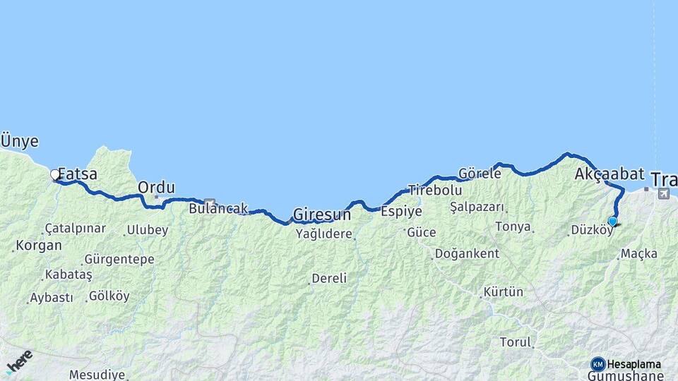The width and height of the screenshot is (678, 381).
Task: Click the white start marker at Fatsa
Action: pyautogui.click(x=55, y=174)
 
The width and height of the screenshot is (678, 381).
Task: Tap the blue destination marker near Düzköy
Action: pyautogui.click(x=612, y=222)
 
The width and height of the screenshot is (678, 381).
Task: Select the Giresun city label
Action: pyautogui.click(x=321, y=214)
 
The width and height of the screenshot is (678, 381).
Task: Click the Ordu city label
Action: pyautogui.click(x=156, y=188)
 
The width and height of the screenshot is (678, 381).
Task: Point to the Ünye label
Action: pyautogui.click(x=19, y=140)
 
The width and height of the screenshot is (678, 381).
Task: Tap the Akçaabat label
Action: pyautogui.click(x=600, y=174)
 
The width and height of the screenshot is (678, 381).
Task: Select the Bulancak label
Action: pyautogui.click(x=218, y=209)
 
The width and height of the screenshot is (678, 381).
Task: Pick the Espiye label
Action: pyautogui.click(x=401, y=211)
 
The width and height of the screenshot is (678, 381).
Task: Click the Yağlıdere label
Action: pyautogui.click(x=323, y=234)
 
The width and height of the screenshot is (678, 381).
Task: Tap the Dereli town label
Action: pyautogui.click(x=329, y=279)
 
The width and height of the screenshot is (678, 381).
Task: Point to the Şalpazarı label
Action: pyautogui.click(x=477, y=207)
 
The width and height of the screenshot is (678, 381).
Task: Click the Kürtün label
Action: pyautogui.click(x=504, y=291)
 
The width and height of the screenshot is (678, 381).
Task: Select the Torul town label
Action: pyautogui.click(x=515, y=342)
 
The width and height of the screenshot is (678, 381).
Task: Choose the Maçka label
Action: pyautogui.click(x=639, y=253)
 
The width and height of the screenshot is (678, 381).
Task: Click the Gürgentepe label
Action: pyautogui.click(x=119, y=259)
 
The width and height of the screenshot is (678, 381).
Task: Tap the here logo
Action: pyautogui.click(x=19, y=361)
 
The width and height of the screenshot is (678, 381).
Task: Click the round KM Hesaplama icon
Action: pyautogui.click(x=598, y=364)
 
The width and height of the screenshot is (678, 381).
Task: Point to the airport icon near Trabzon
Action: pyautogui.click(x=663, y=193)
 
